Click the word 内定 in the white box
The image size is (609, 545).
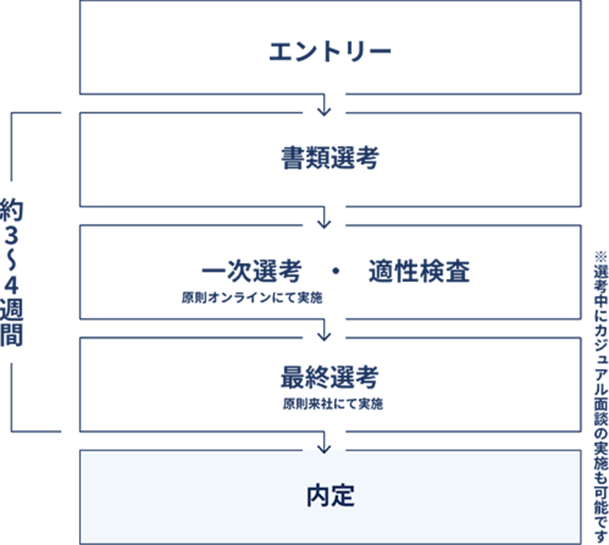tap(330, 496)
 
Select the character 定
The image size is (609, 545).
tap(343, 496)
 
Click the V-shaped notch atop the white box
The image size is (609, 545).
tap(324, 447)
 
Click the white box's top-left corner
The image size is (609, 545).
tap(81, 452)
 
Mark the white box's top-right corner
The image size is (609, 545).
tap(580, 452)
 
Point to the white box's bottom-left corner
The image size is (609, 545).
tap(81, 542)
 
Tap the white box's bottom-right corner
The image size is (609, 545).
tap(580, 542)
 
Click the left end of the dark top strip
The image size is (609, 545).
tap(84, 445)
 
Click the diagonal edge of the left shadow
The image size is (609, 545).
tap(37, 476)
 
